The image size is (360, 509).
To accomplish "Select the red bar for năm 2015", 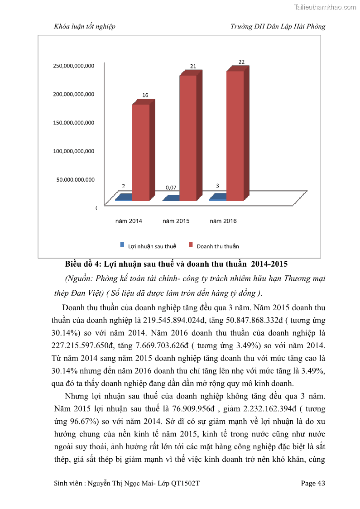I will [188, 138].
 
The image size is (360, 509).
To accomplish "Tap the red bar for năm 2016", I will [235, 135].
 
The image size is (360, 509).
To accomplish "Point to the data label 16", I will [145, 95].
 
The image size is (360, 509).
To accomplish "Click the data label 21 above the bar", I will [193, 66].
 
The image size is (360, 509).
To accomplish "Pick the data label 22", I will [241, 62].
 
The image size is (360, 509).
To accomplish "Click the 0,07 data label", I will [171, 187].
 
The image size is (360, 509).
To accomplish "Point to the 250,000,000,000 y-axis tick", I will [74, 66].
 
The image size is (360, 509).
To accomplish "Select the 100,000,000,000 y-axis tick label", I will [74, 151].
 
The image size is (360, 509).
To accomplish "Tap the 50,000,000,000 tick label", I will [75, 179].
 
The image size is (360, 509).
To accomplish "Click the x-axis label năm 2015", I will [176, 221].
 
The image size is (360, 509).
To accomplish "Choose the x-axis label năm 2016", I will [223, 221].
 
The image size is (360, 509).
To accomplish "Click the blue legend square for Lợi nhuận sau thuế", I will [122, 245].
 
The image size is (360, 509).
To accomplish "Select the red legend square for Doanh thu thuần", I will [191, 245].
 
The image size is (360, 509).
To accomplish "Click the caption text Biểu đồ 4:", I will [84, 264].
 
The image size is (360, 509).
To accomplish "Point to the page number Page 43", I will [313, 483].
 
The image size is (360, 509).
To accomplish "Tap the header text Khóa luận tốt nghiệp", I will [84, 26].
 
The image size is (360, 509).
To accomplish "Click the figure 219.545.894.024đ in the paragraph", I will [168, 320].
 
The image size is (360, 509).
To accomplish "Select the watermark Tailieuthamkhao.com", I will [325, 7].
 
